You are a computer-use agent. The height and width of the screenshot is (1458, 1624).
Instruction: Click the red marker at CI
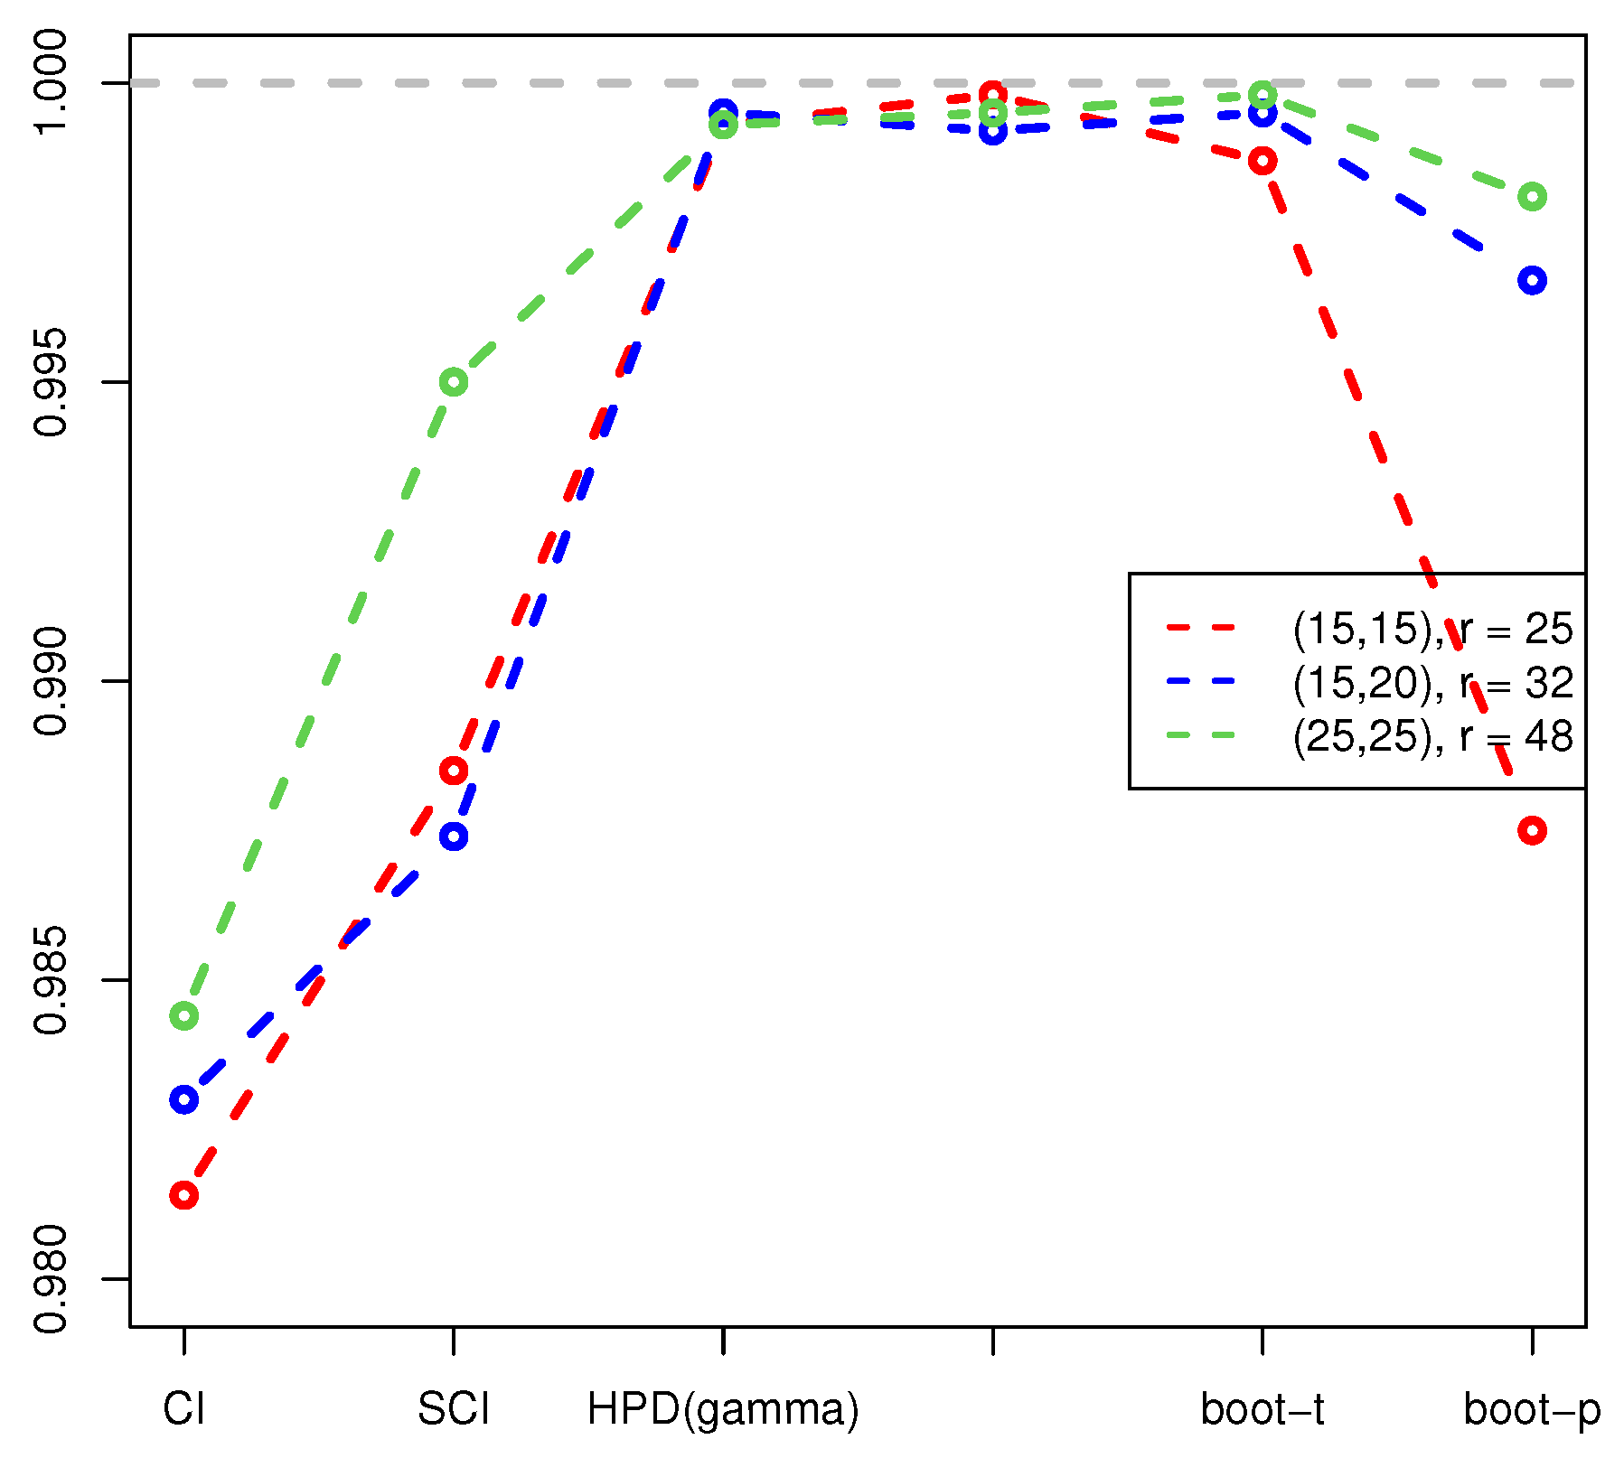coord(183,1196)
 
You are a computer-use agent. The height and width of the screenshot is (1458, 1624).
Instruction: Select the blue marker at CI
coord(183,1099)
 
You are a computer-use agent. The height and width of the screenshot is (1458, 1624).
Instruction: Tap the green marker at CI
coord(183,1016)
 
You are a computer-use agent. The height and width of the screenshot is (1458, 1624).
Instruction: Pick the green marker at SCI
coord(454,382)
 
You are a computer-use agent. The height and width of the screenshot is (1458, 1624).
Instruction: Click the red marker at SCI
coord(454,771)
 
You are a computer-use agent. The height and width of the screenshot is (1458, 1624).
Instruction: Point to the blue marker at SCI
coord(454,836)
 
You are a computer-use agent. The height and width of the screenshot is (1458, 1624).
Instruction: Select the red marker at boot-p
coord(1532,830)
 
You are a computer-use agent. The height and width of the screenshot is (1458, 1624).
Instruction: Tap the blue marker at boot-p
coord(1532,280)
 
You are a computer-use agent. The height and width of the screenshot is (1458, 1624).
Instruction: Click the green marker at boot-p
coord(1532,197)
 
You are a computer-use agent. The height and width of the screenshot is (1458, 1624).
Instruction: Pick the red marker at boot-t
coord(1263,162)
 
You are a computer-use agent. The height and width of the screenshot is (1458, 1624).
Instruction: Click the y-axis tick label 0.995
coord(51,382)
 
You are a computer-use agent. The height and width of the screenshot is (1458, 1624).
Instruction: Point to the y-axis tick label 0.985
coord(51,980)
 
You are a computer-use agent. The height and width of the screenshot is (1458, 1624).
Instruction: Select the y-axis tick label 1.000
coord(51,83)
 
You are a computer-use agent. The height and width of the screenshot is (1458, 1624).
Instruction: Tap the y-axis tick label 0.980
coord(51,1279)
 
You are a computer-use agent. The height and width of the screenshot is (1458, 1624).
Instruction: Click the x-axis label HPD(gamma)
coord(723,1410)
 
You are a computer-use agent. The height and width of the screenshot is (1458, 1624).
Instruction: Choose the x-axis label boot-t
coord(1263,1410)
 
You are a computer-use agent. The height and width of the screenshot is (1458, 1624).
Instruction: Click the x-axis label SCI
coord(454,1410)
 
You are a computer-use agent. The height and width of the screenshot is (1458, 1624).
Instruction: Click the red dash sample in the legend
coord(1200,628)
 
